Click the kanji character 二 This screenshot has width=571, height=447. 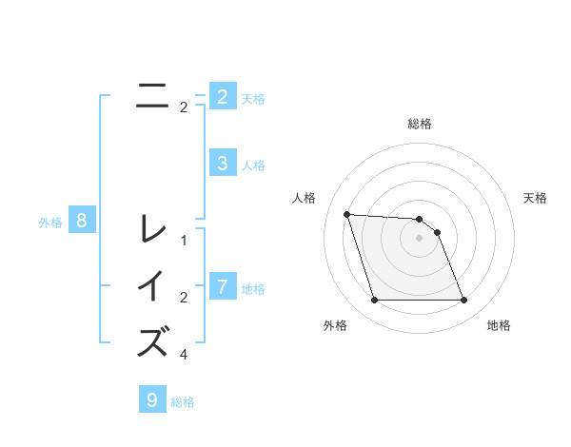click(x=152, y=96)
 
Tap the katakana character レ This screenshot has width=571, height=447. click(x=152, y=229)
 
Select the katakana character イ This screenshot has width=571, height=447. click(x=152, y=286)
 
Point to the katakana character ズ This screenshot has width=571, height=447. click(x=152, y=341)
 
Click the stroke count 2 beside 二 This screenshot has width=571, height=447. click(x=184, y=107)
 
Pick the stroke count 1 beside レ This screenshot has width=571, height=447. click(x=184, y=241)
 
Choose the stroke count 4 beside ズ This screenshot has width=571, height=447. click(x=184, y=355)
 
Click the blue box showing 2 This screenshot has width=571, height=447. click(x=222, y=97)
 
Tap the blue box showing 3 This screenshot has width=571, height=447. click(x=222, y=164)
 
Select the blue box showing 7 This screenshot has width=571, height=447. click(x=222, y=286)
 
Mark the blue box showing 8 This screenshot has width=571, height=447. click(x=82, y=222)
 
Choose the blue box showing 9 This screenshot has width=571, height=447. click(x=152, y=399)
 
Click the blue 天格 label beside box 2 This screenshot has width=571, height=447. click(x=253, y=98)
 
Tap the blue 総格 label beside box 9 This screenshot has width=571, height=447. click(x=183, y=402)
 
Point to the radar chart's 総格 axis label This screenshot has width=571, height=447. click(x=420, y=124)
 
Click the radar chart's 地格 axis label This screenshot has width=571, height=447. click(x=499, y=325)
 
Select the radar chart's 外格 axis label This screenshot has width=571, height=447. click(x=335, y=325)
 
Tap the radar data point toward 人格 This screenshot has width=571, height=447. click(x=346, y=214)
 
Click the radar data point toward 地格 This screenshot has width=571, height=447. click(x=463, y=301)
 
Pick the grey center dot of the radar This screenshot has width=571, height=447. click(x=420, y=239)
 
